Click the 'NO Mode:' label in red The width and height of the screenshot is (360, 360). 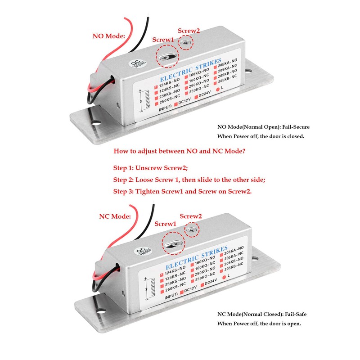click(108, 36)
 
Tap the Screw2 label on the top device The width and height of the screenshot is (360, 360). click(189, 31)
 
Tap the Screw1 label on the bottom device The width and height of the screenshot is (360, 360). click(165, 224)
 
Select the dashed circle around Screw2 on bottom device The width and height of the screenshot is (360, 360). click(191, 230)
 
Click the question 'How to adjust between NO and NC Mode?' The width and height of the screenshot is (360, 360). click(180, 152)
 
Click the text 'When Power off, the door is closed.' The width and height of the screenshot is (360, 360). click(261, 136)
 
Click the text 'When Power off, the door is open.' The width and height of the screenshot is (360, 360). click(259, 323)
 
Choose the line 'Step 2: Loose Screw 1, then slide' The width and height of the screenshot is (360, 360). click(189, 180)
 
